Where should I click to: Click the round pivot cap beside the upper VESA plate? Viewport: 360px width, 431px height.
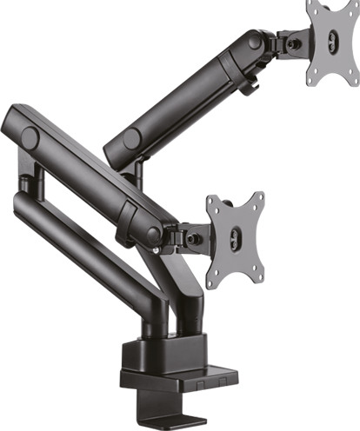pyautogui.click(x=254, y=40)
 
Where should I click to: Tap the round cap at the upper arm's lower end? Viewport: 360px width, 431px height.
pyautogui.click(x=132, y=139)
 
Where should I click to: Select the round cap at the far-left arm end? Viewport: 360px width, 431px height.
pyautogui.click(x=31, y=136)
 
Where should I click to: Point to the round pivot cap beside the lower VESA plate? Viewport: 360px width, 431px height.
pyautogui.click(x=154, y=234)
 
